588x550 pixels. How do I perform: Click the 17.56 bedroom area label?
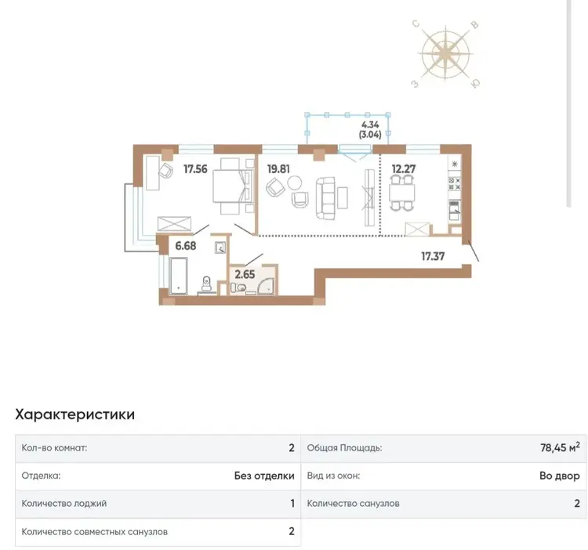[x=195, y=169]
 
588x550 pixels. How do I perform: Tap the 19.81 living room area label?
[x=278, y=169]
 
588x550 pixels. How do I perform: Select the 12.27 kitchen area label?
[x=404, y=169]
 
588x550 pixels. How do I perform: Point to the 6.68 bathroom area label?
[x=186, y=246]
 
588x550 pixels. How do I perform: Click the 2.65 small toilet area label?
[x=245, y=274]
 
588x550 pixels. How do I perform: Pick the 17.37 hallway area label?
[x=433, y=256]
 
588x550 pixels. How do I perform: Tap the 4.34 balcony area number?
[x=370, y=125]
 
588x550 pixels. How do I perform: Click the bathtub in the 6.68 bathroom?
[x=178, y=275]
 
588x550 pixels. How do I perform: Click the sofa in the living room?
[x=325, y=198]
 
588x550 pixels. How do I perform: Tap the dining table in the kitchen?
[x=402, y=194]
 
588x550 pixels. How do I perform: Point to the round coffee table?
[x=294, y=183]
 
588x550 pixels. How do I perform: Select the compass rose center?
[x=445, y=53]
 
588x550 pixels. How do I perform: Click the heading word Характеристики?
[x=75, y=414]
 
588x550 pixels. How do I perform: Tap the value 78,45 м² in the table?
[x=560, y=447]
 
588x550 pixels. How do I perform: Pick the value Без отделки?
[x=264, y=476]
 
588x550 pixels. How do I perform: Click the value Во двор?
[x=560, y=476]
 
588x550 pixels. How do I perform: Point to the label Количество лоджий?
[x=64, y=503]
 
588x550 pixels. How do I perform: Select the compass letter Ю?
[x=475, y=84]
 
